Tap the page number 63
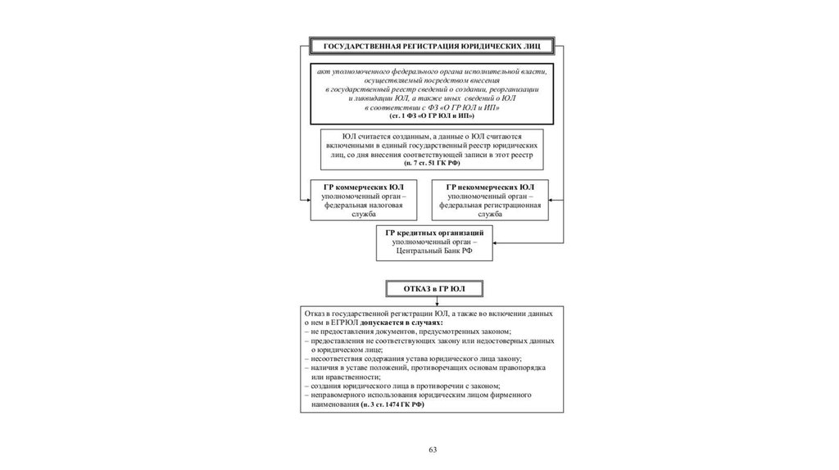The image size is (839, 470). [433, 450]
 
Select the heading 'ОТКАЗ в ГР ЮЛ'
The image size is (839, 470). [434, 288]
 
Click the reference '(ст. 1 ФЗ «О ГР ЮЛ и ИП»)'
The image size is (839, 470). [432, 116]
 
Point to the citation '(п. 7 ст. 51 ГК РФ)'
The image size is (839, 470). [432, 163]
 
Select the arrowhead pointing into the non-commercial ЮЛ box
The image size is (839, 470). [552, 199]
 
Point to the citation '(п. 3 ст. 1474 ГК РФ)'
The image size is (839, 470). [392, 404]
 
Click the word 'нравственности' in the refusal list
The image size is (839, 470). [338, 377]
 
